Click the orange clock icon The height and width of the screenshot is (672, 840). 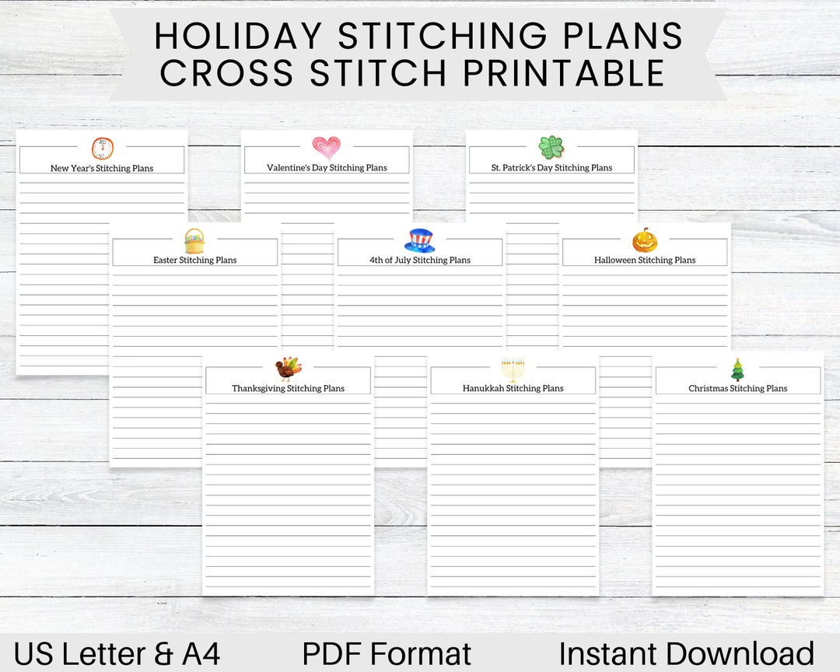[x=103, y=148]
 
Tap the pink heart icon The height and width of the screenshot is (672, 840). [x=326, y=148]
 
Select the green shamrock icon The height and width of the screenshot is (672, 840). [x=551, y=146]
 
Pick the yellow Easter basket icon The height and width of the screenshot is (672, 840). [x=194, y=241]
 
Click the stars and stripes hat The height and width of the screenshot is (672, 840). [x=420, y=240]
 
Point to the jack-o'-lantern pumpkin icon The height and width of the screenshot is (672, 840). [x=645, y=240]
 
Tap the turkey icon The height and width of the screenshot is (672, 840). [x=288, y=369]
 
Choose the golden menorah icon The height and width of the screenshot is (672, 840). [x=513, y=369]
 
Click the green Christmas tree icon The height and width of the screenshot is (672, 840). [x=737, y=369]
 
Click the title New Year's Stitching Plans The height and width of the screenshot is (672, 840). [x=102, y=168]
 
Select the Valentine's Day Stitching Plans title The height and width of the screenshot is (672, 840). [x=327, y=167]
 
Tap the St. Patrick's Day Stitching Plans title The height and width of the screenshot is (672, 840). [x=551, y=167]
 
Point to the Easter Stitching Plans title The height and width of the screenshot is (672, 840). [x=195, y=260]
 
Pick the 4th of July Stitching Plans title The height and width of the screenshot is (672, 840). [x=420, y=260]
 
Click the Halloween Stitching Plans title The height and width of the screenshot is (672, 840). [x=645, y=260]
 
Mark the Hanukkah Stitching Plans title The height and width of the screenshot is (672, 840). [x=513, y=388]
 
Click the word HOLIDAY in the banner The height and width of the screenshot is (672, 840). [x=236, y=37]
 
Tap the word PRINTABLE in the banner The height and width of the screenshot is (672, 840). [x=564, y=73]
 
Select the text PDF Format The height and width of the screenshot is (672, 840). [x=387, y=654]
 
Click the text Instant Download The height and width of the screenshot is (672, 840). [x=686, y=654]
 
